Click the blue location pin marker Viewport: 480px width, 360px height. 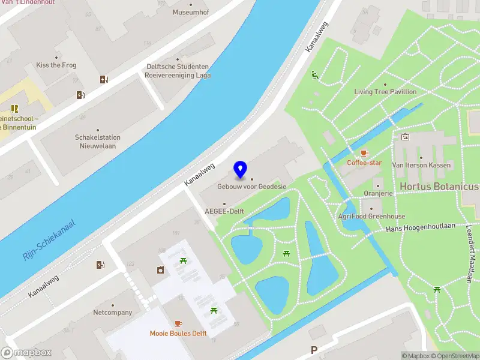[241, 170]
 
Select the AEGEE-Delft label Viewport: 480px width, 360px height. [224, 211]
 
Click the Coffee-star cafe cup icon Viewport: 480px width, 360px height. [364, 154]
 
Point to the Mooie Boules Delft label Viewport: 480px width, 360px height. [178, 334]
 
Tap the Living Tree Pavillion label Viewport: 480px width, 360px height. [385, 92]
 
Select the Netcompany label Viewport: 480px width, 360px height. [112, 313]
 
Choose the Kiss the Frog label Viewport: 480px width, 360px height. [56, 65]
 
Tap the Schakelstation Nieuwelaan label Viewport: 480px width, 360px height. [97, 142]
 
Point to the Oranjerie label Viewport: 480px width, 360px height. [378, 193]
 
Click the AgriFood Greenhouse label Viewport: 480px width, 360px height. [371, 216]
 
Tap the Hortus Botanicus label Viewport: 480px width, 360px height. [440, 187]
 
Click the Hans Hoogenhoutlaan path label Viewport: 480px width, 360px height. [421, 228]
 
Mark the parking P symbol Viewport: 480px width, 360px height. [313, 350]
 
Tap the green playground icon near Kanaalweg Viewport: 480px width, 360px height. [314, 75]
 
